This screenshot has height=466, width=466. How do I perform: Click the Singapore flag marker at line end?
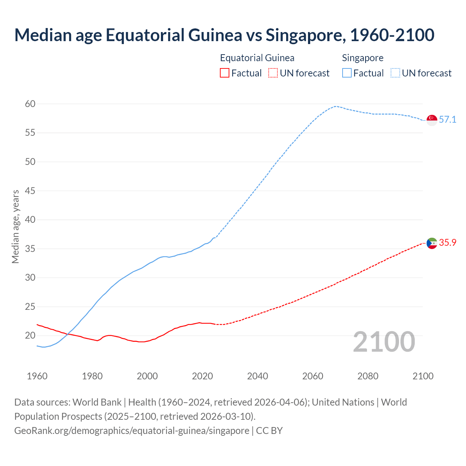[x=432, y=120]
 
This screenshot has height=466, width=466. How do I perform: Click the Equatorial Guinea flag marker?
[x=432, y=243]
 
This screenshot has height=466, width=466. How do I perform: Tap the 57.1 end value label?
[x=447, y=120]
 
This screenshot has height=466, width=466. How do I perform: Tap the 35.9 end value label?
[x=447, y=243]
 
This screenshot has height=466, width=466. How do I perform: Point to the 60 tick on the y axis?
[x=30, y=104]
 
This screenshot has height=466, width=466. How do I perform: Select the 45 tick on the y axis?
[x=30, y=191]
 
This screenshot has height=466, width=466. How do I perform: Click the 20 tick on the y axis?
[x=30, y=335]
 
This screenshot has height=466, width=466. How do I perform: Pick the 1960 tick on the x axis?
[x=37, y=376]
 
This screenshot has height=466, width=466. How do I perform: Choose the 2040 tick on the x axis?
[x=257, y=376]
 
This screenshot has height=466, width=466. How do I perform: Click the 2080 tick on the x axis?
[x=368, y=376]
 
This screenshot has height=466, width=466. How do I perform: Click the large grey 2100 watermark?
[x=384, y=342]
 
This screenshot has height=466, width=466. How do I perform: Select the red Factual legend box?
[x=225, y=73]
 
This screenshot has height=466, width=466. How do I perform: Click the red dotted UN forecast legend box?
[x=273, y=73]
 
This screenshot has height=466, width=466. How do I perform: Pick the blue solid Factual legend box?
[x=347, y=73]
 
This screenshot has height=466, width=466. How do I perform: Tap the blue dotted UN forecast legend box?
[x=395, y=73]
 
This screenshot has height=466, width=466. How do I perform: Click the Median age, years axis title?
[x=15, y=226]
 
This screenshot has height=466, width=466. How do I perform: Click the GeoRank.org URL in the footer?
[x=132, y=431]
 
